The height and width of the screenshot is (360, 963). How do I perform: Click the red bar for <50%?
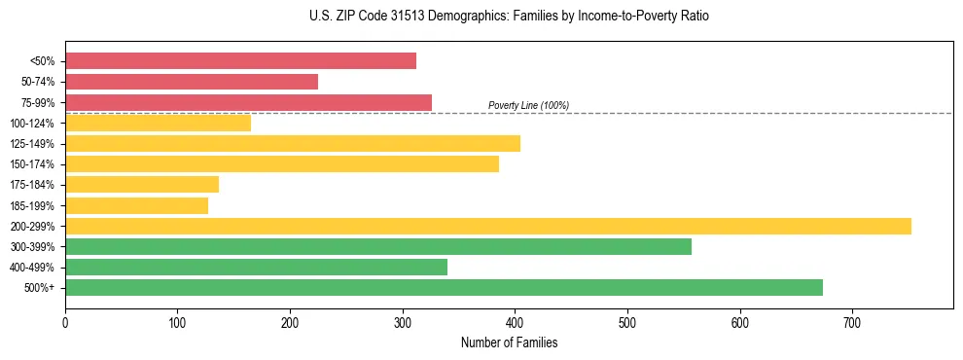(240, 61)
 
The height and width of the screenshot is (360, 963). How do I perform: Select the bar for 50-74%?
(192, 82)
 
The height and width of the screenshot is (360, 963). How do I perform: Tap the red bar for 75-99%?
(248, 102)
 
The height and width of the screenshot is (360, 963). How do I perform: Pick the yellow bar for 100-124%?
(158, 123)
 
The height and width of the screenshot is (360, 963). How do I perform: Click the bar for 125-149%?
(293, 144)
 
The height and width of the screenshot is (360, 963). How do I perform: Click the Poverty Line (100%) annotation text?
(528, 105)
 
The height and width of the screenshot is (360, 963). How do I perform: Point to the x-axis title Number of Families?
(509, 342)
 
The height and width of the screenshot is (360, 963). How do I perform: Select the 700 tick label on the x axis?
(852, 321)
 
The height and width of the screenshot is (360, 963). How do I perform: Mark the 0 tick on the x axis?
(65, 321)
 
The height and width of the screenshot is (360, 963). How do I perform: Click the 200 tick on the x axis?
(290, 321)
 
